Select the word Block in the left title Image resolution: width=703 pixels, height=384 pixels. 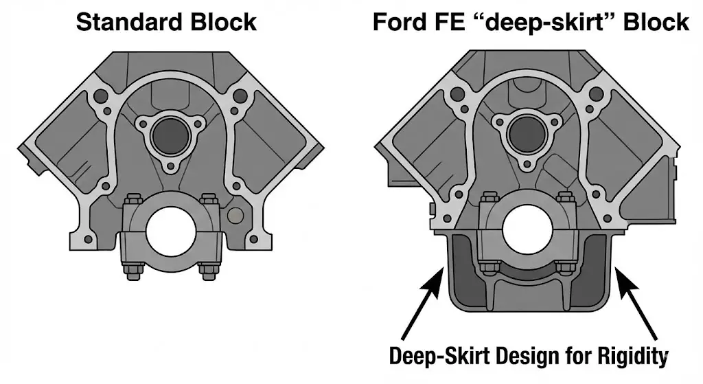[x=223, y=22]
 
